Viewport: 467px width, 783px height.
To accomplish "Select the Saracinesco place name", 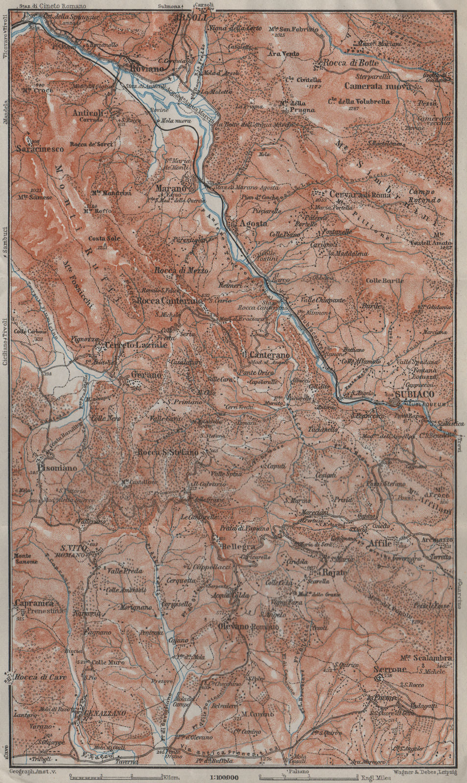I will (x=41, y=149).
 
